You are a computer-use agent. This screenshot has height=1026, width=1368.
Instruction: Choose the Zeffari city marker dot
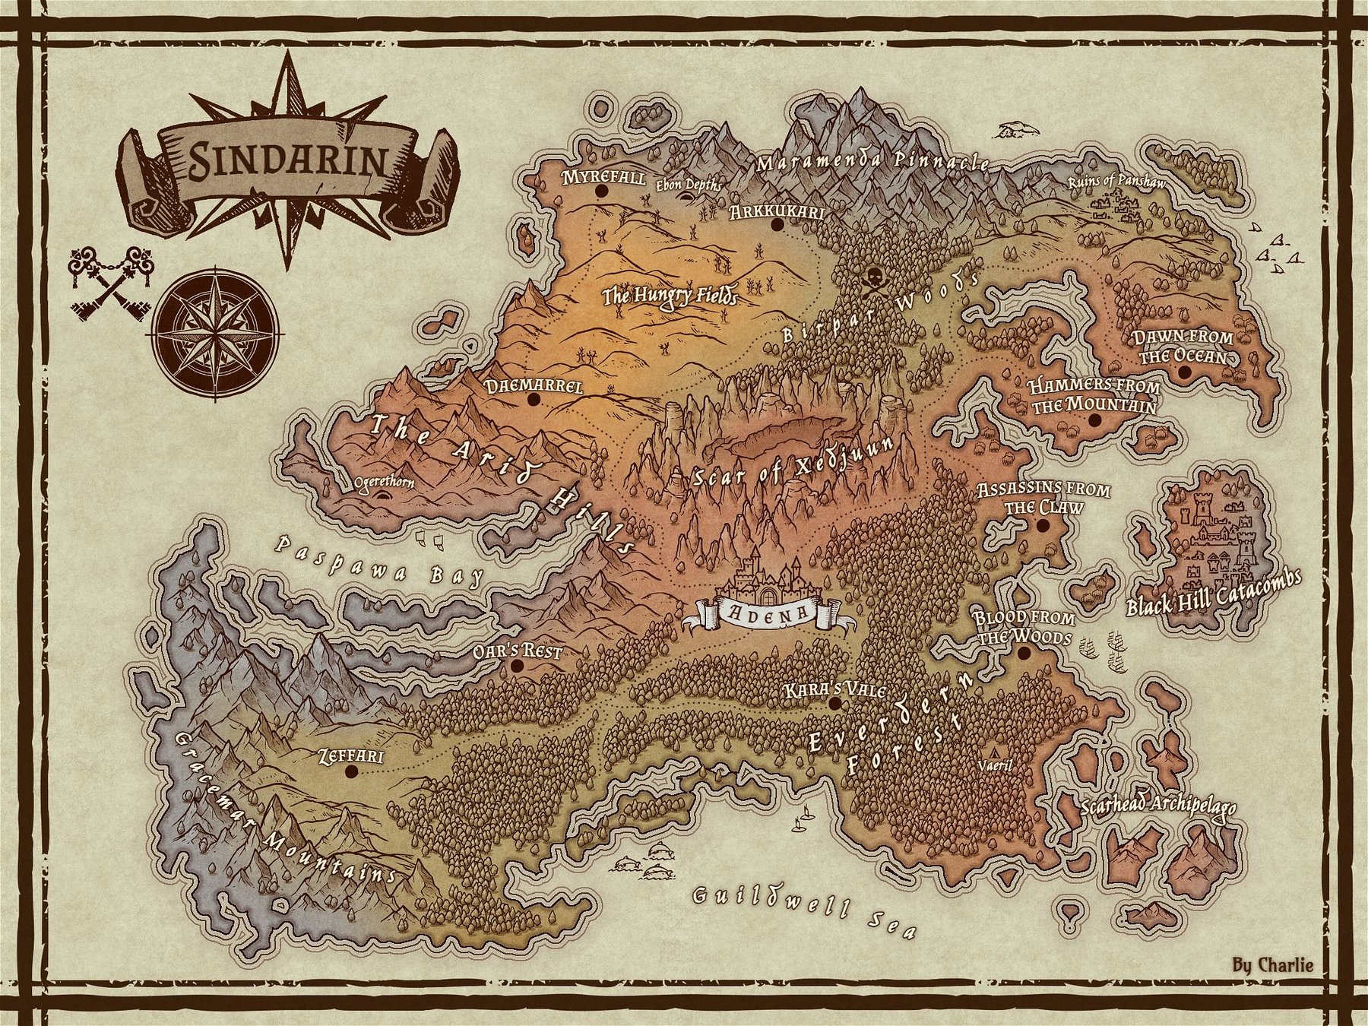pyautogui.click(x=350, y=771)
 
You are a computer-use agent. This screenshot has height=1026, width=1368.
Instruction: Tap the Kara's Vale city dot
pyautogui.click(x=834, y=704)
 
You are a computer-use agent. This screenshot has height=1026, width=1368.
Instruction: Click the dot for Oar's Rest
pyautogui.click(x=518, y=666)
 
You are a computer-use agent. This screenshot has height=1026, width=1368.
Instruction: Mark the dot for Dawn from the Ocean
pyautogui.click(x=1183, y=372)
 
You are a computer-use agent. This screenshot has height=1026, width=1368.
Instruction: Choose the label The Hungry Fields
pyautogui.click(x=670, y=295)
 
